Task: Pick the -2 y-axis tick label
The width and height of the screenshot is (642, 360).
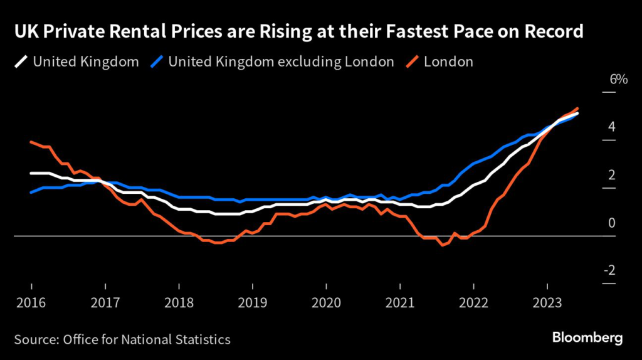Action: coord(610,270)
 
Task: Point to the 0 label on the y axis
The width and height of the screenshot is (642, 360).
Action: coord(612,223)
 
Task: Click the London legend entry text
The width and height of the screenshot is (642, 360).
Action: coord(448,61)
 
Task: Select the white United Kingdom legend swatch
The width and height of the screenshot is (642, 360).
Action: coord(21,61)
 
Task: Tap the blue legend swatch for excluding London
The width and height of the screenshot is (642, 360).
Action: coord(157,61)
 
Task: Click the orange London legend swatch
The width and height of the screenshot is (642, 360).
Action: coord(412,61)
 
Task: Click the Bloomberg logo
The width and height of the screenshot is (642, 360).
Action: coord(587,338)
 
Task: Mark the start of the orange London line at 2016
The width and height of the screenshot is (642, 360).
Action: coord(31,142)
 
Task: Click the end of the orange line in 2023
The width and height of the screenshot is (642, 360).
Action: coord(577,108)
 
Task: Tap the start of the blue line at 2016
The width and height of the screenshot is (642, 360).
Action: coord(31,192)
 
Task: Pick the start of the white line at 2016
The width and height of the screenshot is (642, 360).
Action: coord(31,173)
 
